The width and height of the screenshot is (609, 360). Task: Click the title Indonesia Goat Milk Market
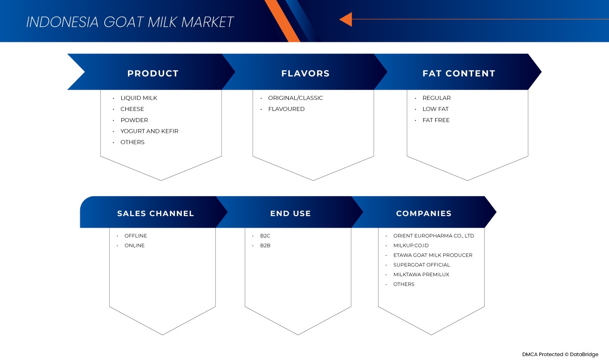click(x=130, y=22)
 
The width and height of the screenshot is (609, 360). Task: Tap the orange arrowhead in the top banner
click(x=346, y=19)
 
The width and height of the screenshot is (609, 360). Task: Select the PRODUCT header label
click(x=153, y=74)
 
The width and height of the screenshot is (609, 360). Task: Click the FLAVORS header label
click(x=305, y=74)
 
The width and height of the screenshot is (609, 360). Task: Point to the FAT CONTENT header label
click(x=459, y=74)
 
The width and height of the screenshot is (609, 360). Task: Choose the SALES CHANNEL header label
click(x=156, y=213)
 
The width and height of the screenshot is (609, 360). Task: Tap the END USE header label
click(x=290, y=213)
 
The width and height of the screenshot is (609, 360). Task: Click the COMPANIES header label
click(x=424, y=213)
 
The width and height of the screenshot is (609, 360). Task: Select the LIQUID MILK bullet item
click(x=139, y=98)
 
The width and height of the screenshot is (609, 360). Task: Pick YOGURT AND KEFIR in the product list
click(x=149, y=131)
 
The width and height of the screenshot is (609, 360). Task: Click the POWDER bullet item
click(x=134, y=120)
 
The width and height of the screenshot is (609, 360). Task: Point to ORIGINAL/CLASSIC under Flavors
click(x=296, y=98)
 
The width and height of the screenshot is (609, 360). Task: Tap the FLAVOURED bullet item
click(x=286, y=109)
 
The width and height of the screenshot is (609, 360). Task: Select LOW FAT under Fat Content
click(x=436, y=109)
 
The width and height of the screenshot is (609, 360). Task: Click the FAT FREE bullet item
click(x=436, y=120)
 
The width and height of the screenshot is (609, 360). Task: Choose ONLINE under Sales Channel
click(x=135, y=245)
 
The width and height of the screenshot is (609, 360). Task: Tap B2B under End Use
click(x=265, y=245)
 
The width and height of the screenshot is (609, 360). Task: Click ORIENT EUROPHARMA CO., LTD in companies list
click(x=433, y=236)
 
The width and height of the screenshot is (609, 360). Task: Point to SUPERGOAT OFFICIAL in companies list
click(x=421, y=265)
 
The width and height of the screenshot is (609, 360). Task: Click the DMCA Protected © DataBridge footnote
click(x=560, y=355)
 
